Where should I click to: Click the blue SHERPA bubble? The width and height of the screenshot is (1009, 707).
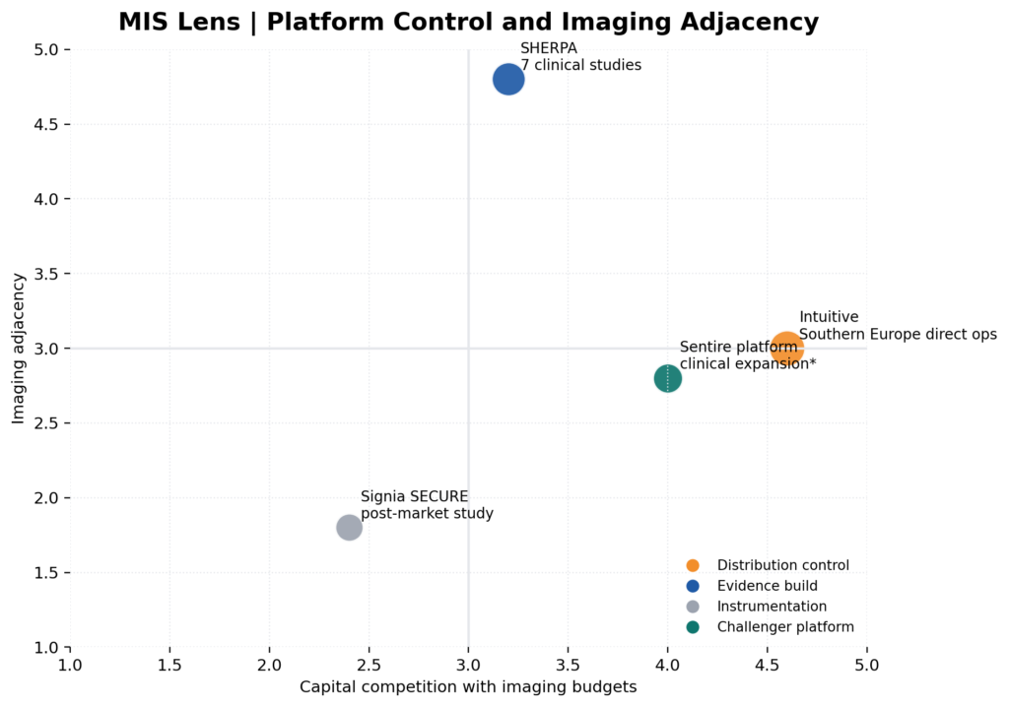(x=507, y=80)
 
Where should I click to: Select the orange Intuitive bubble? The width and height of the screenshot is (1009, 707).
(x=786, y=349)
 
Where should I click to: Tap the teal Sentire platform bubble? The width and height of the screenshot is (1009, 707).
(x=667, y=378)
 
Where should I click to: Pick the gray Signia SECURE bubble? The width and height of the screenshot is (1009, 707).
(x=349, y=528)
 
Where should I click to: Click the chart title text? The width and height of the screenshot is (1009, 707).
(x=468, y=22)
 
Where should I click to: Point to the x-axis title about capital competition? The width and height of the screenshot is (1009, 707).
(x=468, y=687)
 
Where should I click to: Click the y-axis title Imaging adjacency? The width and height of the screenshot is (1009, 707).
(x=19, y=349)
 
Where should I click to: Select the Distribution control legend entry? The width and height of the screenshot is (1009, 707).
(x=782, y=565)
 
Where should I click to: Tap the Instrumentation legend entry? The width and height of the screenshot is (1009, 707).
(x=772, y=607)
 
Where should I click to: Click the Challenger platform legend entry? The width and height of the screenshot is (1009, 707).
(x=784, y=627)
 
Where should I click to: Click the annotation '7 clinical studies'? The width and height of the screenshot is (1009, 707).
(x=581, y=66)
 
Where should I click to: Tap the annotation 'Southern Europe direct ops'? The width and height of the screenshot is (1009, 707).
(x=898, y=335)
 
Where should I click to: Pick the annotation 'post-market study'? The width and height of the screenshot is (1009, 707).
(x=427, y=514)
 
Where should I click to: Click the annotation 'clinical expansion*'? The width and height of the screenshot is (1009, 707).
(x=748, y=364)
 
